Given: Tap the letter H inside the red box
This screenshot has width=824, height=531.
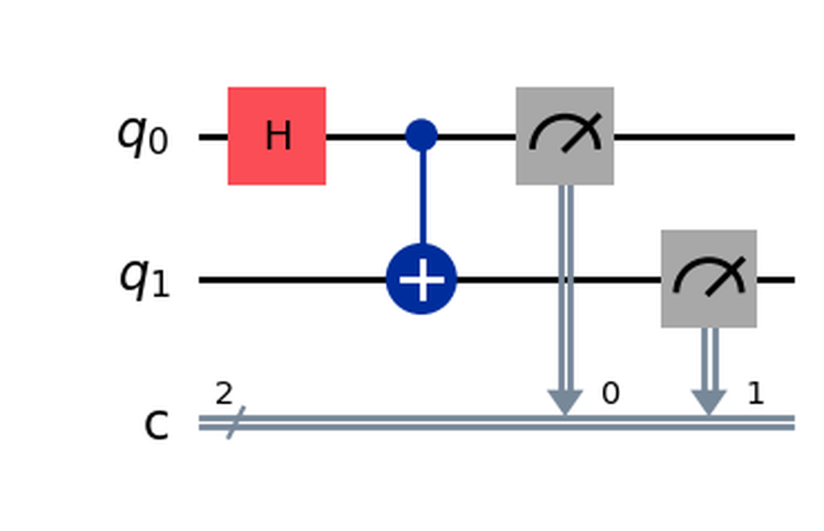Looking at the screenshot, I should pyautogui.click(x=277, y=137).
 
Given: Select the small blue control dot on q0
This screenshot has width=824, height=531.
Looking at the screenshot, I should pyautogui.click(x=422, y=136).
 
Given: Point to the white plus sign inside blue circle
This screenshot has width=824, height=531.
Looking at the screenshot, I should pyautogui.click(x=422, y=280).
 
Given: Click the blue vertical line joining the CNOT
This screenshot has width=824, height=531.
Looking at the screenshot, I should pyautogui.click(x=422, y=199).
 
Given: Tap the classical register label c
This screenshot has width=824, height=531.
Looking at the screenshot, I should pyautogui.click(x=156, y=425).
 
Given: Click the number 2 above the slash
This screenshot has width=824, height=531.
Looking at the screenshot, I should pyautogui.click(x=223, y=394).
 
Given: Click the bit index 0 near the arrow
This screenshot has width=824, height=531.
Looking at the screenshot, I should pyautogui.click(x=610, y=394).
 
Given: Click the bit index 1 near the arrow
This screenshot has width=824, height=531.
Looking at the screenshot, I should pyautogui.click(x=755, y=394).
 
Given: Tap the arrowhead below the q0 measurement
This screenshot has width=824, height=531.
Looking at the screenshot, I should pyautogui.click(x=564, y=403).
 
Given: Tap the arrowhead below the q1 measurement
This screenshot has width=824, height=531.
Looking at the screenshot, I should pyautogui.click(x=709, y=403).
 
